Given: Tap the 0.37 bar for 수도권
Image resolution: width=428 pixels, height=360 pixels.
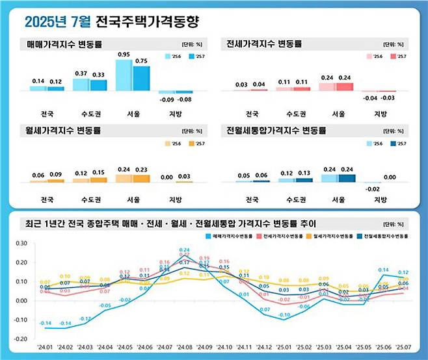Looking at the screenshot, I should pos(81,84).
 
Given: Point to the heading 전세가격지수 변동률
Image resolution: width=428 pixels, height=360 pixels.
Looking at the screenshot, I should pos(261,45).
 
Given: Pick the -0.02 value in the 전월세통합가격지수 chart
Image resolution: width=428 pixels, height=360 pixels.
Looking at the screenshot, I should pos(373,189).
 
